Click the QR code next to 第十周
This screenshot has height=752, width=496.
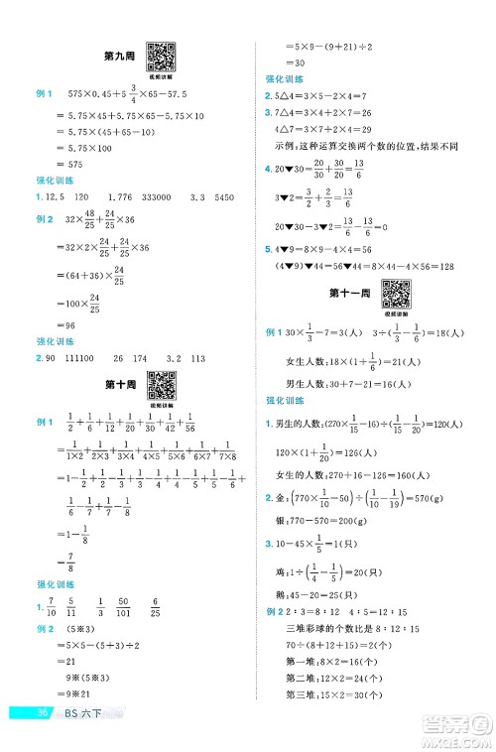[x=162, y=383]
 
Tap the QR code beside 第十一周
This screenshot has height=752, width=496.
[x=396, y=294]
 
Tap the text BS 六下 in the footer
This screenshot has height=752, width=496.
[x=80, y=740]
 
